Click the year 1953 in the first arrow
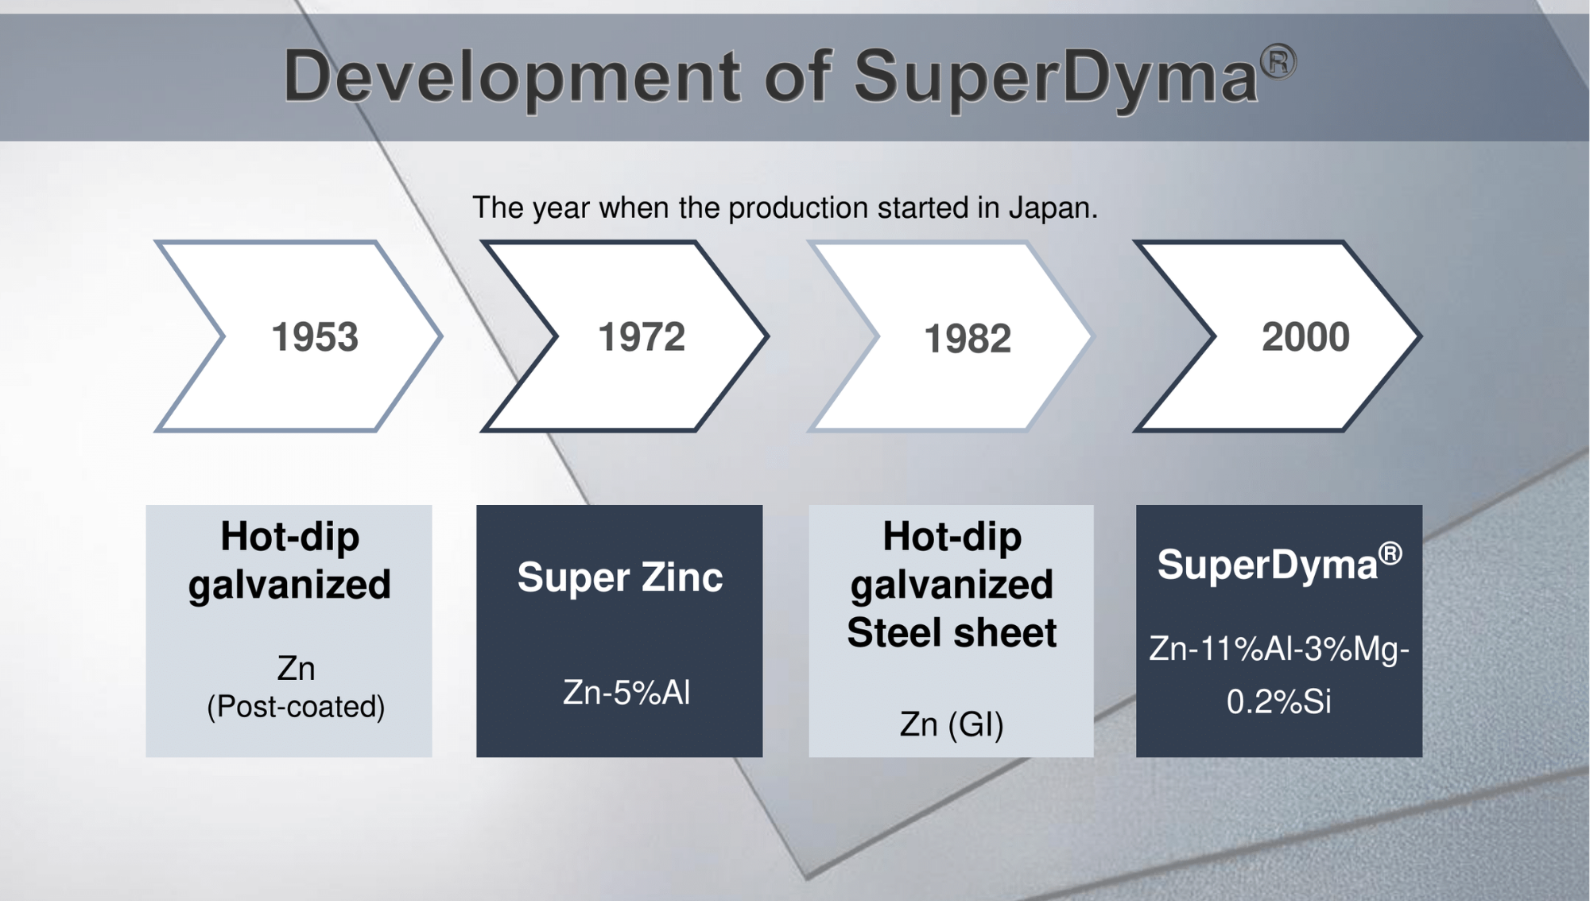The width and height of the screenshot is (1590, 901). pos(315,337)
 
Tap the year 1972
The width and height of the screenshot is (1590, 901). pos(642,337)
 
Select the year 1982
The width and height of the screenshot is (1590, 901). pos(968,339)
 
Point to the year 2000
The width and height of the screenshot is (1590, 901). pos(1305,337)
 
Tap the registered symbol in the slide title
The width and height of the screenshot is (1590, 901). pos(1278,61)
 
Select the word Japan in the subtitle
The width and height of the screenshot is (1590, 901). pos(1053,208)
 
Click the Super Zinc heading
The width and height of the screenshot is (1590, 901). pos(620,577)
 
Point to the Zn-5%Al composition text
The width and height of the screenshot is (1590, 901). pos(626,693)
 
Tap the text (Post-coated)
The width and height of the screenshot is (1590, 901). pos(296,707)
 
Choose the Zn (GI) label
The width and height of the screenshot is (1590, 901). pos(952,724)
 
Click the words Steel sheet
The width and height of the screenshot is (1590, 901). pos(952,633)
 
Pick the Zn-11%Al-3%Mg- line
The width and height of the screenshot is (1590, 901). pos(1278,650)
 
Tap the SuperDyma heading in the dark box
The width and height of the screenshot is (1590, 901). pos(1267,565)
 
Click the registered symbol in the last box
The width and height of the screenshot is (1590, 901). pos(1390,553)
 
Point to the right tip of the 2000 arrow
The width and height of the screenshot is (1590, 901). pos(1420,336)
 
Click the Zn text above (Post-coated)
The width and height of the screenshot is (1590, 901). pos(296,669)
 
